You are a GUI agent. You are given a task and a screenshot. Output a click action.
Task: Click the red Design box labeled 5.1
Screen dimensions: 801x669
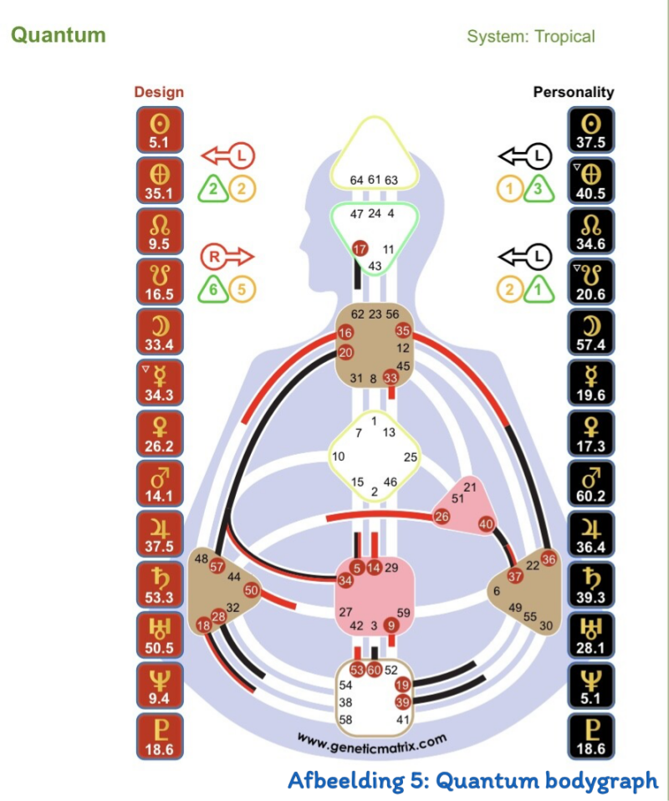point(159,130)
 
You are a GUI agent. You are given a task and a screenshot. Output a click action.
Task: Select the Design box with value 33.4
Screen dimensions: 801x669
point(159,332)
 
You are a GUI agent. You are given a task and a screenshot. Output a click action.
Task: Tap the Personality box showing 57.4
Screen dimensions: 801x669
point(591,332)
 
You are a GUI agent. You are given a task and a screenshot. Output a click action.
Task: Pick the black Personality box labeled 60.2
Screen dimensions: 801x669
point(591,483)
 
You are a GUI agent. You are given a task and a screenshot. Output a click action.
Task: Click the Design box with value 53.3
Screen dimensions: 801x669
point(159,584)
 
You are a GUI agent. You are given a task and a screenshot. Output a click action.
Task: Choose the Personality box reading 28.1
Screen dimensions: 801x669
point(591,635)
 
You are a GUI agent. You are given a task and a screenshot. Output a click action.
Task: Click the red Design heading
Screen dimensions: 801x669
point(159,92)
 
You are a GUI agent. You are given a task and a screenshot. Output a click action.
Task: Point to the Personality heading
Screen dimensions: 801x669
point(574,92)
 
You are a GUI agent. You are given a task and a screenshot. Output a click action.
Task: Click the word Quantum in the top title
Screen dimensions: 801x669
point(58,35)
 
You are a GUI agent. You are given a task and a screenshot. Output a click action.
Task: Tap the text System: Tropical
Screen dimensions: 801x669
point(531,37)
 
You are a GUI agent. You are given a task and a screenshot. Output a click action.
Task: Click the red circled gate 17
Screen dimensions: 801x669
point(360,249)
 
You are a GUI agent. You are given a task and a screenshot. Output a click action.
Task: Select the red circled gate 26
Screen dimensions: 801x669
point(442,517)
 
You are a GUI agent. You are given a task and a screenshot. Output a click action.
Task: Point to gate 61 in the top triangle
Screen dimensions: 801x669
point(375,180)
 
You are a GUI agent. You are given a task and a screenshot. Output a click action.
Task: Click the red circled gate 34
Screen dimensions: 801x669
point(345,580)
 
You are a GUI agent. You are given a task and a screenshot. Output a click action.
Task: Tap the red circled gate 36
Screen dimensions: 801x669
point(549,559)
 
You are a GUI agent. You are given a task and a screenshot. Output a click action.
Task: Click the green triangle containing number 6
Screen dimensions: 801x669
point(213,289)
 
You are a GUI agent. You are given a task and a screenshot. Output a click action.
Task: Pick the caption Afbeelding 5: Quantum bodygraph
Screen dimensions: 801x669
point(472,781)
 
